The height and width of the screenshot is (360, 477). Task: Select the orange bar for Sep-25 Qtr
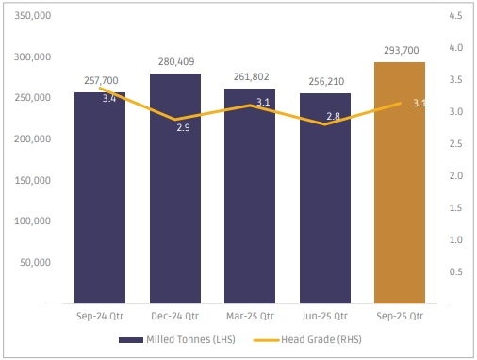click(x=400, y=183)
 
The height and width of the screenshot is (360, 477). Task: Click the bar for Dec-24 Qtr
click(x=175, y=188)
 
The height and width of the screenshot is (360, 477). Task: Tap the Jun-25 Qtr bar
click(x=325, y=198)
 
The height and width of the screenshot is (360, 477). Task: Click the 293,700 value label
click(x=402, y=50)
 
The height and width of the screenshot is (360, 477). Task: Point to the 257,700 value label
click(x=101, y=80)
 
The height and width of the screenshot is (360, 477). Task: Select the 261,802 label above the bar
click(x=251, y=76)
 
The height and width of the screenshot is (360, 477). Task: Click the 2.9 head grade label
click(x=183, y=127)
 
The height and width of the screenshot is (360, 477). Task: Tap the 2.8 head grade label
click(x=333, y=116)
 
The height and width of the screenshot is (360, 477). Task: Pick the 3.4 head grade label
click(x=109, y=99)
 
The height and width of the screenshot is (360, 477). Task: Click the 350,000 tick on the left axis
click(x=33, y=15)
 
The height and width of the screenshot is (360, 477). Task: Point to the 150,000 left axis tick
click(x=33, y=180)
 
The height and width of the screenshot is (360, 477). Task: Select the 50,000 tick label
click(x=35, y=262)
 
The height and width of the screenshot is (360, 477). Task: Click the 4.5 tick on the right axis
click(x=455, y=15)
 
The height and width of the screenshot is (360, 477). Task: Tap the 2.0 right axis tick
click(x=456, y=175)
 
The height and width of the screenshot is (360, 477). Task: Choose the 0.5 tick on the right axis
click(x=456, y=271)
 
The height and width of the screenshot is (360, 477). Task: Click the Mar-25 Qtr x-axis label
click(x=250, y=316)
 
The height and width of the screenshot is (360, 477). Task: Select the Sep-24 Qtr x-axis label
click(x=100, y=316)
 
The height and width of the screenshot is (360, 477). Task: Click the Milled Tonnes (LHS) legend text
click(x=190, y=339)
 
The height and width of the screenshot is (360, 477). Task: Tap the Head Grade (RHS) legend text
click(x=321, y=339)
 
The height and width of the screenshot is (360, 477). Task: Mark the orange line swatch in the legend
click(x=267, y=340)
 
